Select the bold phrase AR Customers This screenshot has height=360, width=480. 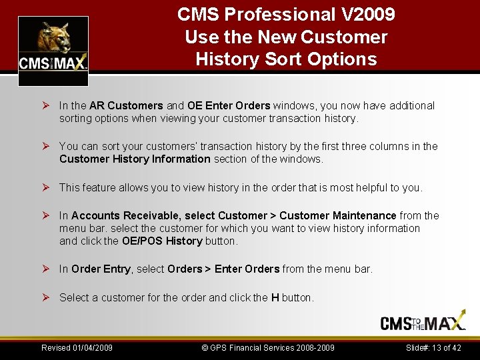point(126,105)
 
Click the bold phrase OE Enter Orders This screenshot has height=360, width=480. point(229,105)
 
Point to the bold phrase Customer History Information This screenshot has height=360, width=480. point(135,159)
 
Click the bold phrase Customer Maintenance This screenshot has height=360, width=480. point(338,215)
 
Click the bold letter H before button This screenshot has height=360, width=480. point(275,297)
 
